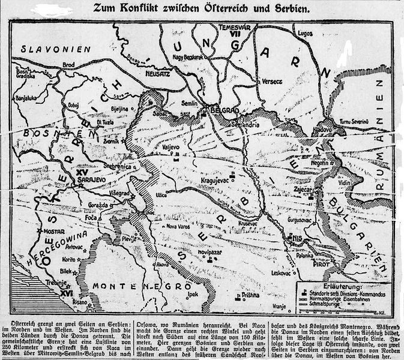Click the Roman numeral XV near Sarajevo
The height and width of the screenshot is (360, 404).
click(x=83, y=172)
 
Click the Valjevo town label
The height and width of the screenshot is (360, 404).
click(x=172, y=146)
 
